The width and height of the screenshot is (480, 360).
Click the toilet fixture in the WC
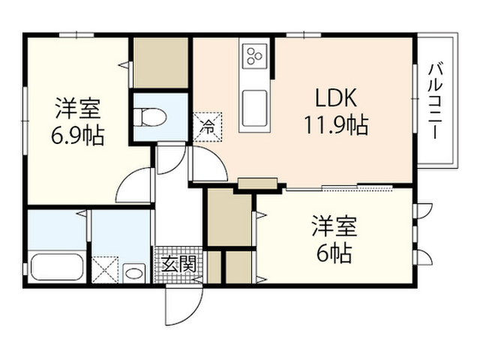(150, 117)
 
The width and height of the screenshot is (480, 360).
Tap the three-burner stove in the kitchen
(255, 56)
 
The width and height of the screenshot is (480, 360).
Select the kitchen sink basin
(255, 109)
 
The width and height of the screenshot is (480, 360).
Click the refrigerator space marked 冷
(207, 127)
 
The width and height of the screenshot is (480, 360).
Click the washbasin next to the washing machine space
(133, 273)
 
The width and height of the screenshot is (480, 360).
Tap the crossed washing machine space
(105, 270)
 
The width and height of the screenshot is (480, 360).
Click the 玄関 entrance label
(178, 264)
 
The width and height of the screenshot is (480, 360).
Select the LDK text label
(336, 98)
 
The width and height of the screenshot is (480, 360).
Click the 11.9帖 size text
(336, 125)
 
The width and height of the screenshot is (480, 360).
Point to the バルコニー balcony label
(436, 100)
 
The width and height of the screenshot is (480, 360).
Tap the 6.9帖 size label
(77, 135)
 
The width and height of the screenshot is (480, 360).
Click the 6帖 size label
(334, 253)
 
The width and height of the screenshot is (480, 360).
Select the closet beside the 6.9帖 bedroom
(160, 62)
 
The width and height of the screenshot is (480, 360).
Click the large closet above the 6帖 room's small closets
(229, 218)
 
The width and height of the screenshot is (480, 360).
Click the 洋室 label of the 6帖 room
(334, 226)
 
